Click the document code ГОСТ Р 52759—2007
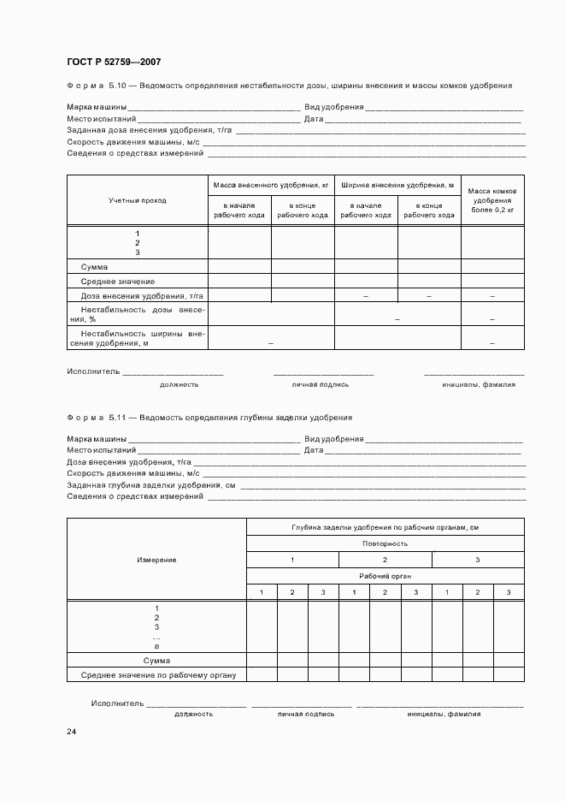coord(114,62)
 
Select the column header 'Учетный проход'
coord(138,200)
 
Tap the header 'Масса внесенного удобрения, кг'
coord(271,185)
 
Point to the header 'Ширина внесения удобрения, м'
coord(397,185)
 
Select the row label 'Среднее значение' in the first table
coord(118,282)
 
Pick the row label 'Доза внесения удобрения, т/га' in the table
coord(137,295)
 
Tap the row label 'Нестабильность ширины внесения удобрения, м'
coord(137,338)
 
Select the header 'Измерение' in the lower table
coord(156,560)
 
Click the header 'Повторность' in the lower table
coord(385,543)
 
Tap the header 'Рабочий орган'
coord(385,576)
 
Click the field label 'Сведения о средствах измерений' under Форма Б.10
coord(135,153)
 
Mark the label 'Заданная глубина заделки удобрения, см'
coord(151,484)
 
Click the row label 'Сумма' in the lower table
coord(156,661)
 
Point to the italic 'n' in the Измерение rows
coord(156,647)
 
